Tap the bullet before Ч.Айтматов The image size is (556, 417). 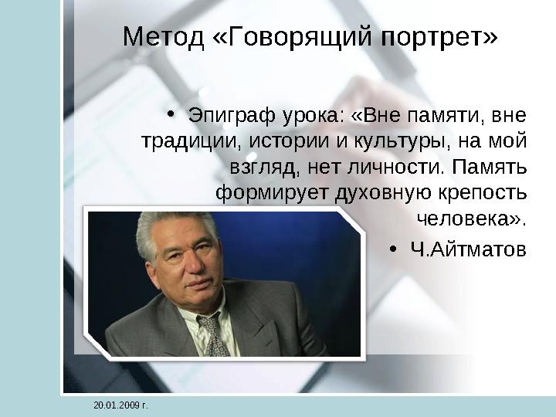pos(395,249)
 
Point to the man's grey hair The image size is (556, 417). pos(167,228)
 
